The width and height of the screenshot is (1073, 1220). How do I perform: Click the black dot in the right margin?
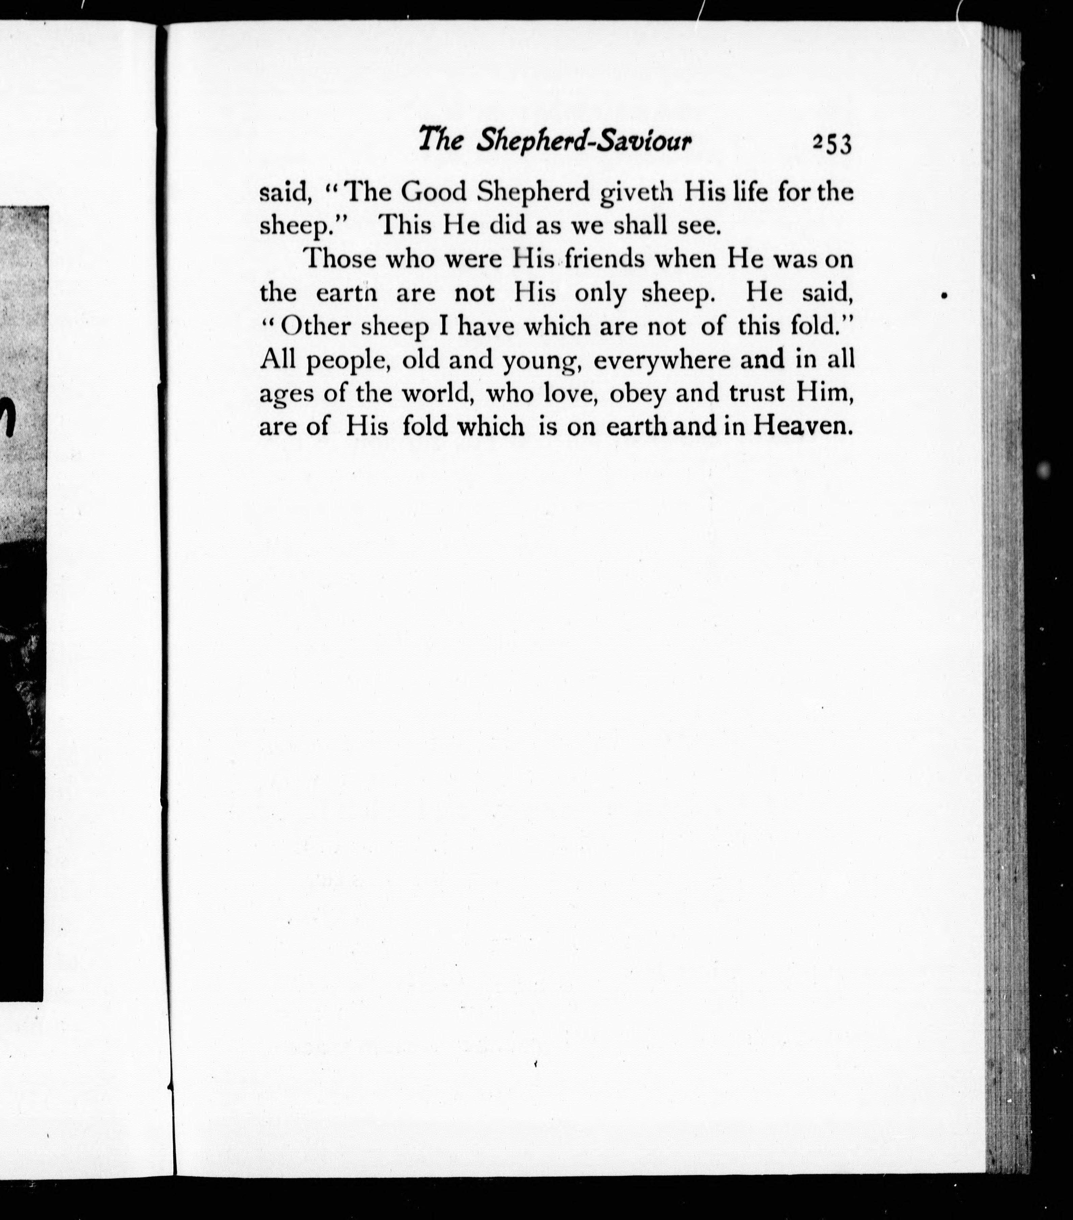[x=944, y=296]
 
